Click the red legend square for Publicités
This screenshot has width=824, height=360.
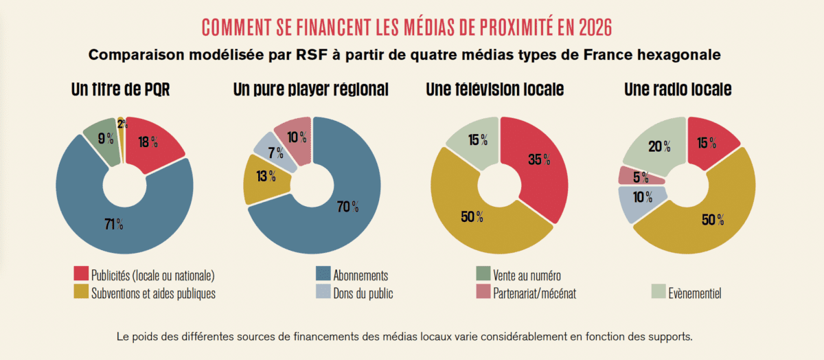tap(81, 275)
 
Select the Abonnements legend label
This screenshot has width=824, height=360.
tap(360, 275)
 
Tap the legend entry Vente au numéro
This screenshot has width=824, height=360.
tap(527, 275)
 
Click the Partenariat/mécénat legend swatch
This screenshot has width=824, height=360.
tap(483, 293)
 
